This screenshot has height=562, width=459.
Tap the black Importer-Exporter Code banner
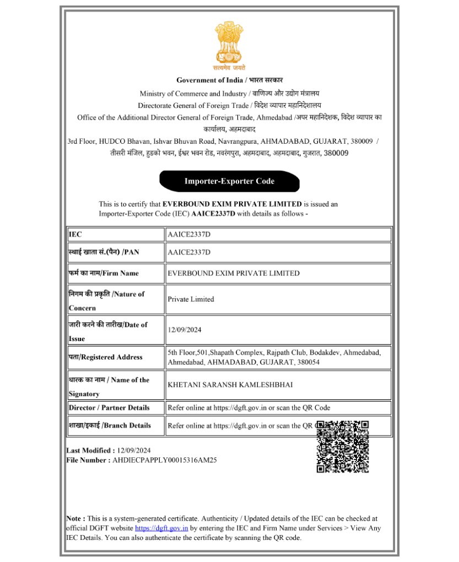[x=229, y=181]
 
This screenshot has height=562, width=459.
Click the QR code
[x=342, y=446]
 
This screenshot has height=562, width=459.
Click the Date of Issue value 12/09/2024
[x=185, y=330]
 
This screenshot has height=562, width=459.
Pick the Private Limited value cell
[x=191, y=299]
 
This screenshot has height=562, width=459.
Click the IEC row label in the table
[x=75, y=235]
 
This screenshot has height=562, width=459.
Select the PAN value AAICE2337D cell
[x=189, y=252]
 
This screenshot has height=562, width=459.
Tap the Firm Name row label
[x=104, y=273]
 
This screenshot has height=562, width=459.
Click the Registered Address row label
[x=105, y=357]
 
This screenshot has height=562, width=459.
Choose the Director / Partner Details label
[x=109, y=408]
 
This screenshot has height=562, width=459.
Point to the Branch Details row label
[x=110, y=425]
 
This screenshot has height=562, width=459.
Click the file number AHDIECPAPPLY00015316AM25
[x=164, y=460]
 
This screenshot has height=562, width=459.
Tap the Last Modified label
[x=90, y=451]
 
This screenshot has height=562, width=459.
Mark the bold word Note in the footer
[x=75, y=518]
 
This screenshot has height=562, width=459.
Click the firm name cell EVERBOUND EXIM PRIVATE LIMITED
[x=234, y=273]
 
